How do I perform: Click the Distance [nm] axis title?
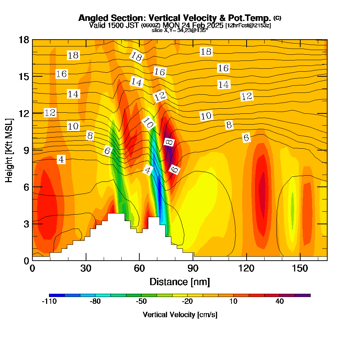(179, 282)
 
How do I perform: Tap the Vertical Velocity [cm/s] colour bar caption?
(180, 315)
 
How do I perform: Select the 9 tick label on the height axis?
(26, 150)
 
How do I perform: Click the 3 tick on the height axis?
(26, 224)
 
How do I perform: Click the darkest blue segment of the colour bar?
(57, 295)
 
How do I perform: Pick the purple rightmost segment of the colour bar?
(302, 295)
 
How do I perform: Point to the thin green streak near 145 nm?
(292, 211)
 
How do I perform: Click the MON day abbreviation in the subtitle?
(170, 25)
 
